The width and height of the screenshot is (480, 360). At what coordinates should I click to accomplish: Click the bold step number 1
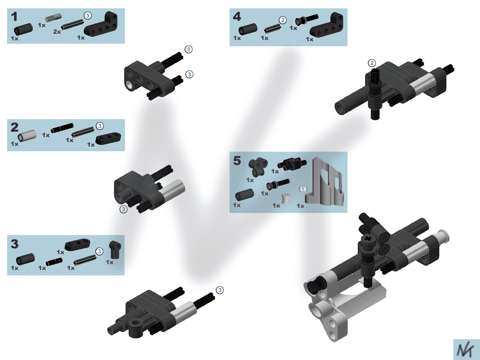[x=15, y=17]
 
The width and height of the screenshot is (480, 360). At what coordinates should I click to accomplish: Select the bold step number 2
[x=15, y=127]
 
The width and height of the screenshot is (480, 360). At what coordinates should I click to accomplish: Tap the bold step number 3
[x=15, y=244]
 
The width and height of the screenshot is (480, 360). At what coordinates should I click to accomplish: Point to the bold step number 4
[x=237, y=17]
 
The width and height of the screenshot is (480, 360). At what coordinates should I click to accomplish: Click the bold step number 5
[x=237, y=160]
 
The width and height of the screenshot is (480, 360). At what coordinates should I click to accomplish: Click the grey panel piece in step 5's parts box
[x=325, y=181]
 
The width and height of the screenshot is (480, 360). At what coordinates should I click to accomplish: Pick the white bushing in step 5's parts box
[x=285, y=198]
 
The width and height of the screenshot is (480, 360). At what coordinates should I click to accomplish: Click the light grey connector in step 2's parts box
[x=27, y=135]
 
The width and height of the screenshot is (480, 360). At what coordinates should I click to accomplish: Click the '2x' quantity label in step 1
[x=57, y=32]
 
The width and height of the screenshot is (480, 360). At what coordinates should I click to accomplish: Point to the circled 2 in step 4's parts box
[x=282, y=20]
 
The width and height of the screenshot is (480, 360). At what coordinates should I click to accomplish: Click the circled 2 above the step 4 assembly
[x=372, y=63]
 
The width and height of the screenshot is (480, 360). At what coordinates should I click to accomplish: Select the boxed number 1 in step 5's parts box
[x=303, y=189]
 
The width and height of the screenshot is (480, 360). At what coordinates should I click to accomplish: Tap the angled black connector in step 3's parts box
[x=115, y=249]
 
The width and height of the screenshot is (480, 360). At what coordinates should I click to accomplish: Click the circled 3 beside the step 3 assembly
[x=220, y=290]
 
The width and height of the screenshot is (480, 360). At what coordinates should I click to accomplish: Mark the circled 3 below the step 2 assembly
[x=123, y=209]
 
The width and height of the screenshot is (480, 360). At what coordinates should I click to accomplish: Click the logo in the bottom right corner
[x=465, y=350]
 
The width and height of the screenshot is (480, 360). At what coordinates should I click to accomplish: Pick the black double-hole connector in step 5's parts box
[x=258, y=167]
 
